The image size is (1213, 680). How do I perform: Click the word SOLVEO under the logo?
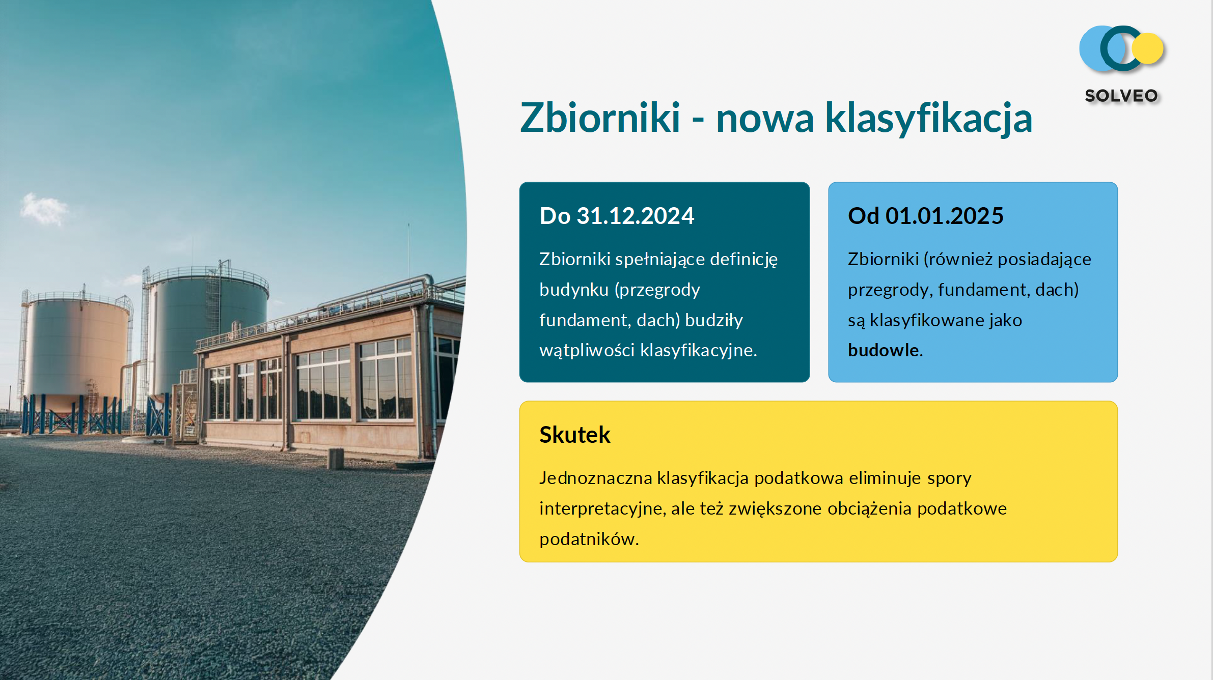coord(1121,96)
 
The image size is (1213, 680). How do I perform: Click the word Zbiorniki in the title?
coord(600,118)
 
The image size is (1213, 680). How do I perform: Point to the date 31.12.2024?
coord(635,216)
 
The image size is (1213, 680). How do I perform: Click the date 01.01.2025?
coord(944,216)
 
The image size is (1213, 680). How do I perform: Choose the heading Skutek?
coord(574,435)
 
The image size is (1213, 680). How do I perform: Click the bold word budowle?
coord(883,350)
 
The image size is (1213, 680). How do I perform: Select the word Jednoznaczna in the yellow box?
coord(595,478)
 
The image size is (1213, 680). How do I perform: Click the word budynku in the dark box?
coord(574,290)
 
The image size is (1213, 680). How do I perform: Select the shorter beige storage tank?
coord(76,351)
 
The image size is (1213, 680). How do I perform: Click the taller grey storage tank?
coord(206,326)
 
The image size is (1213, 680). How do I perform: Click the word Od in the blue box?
coord(864,216)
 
